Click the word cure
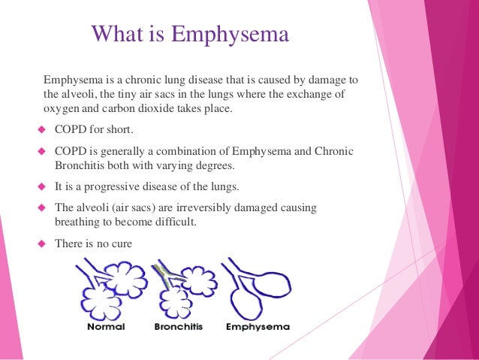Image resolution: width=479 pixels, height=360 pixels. tap(128, 244)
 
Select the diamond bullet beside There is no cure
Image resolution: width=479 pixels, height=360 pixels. tap(43, 244)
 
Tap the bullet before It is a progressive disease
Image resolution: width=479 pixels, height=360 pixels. tap(43, 186)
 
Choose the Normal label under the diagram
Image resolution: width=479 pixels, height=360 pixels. tap(106, 328)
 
